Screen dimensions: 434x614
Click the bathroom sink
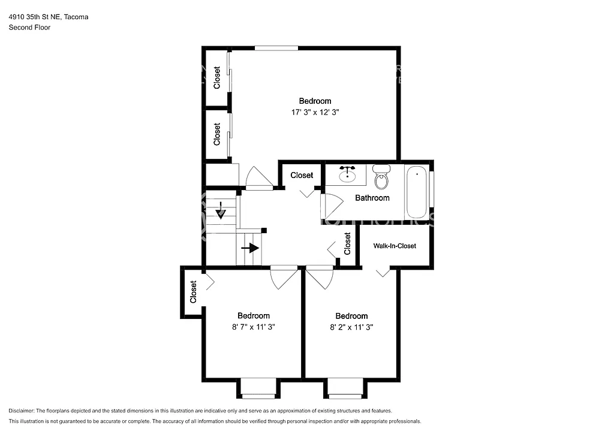pyautogui.click(x=347, y=174)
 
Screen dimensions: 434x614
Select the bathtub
pyautogui.click(x=417, y=192)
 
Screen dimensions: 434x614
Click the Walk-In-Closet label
pyautogui.click(x=395, y=246)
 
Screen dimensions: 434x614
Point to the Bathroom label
pyautogui.click(x=372, y=198)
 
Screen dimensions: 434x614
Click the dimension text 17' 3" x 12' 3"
pyautogui.click(x=315, y=112)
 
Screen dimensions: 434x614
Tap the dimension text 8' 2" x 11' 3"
pyautogui.click(x=351, y=327)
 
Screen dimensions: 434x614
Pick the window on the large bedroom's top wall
pyautogui.click(x=276, y=48)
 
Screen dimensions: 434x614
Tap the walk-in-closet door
pyautogui.click(x=383, y=272)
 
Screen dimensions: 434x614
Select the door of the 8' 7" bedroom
pyautogui.click(x=284, y=277)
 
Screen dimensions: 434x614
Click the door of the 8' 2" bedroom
pyautogui.click(x=320, y=277)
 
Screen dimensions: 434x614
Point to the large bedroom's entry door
pyautogui.click(x=258, y=177)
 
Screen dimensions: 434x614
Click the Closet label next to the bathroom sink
pyautogui.click(x=302, y=175)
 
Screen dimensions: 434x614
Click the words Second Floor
pyautogui.click(x=29, y=28)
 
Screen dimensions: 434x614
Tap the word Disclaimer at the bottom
pyautogui.click(x=22, y=411)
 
